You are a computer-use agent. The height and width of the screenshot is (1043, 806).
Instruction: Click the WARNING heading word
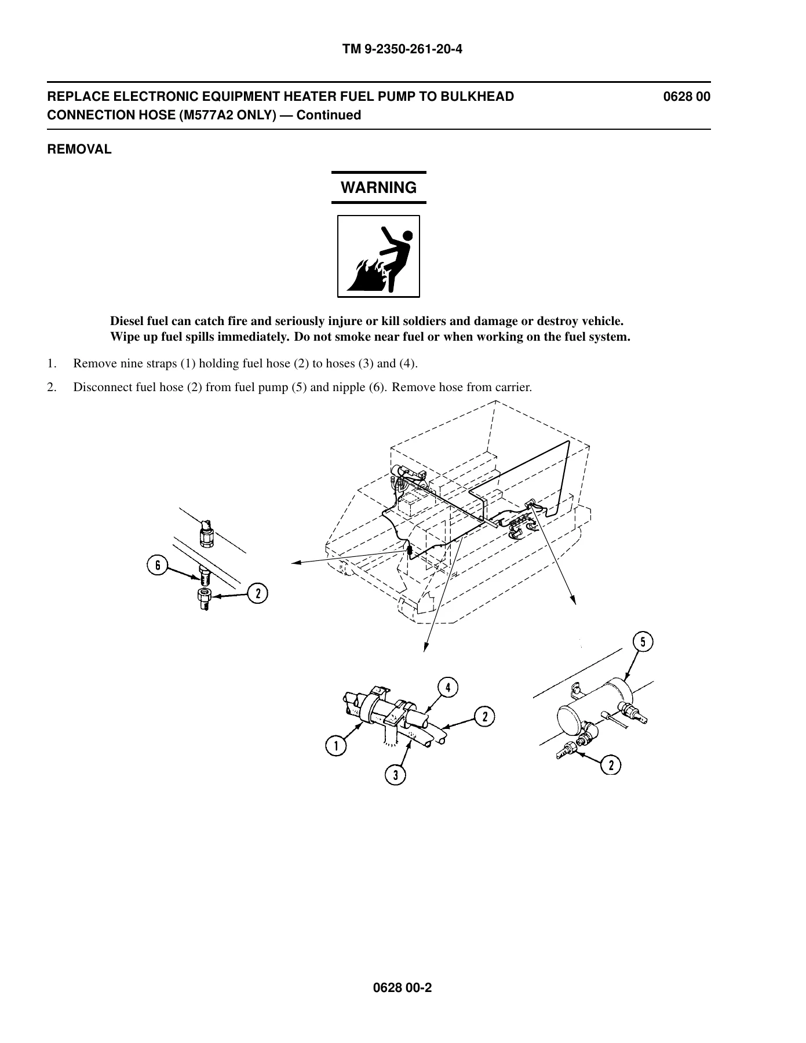point(378,188)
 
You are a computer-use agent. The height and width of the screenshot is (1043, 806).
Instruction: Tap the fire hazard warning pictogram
point(378,256)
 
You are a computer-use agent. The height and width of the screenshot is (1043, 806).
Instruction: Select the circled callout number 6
point(157,566)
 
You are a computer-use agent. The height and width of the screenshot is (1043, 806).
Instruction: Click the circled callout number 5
point(643,642)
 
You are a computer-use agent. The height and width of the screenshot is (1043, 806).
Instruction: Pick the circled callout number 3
point(396,775)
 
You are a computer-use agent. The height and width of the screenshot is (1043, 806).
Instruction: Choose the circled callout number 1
point(334,745)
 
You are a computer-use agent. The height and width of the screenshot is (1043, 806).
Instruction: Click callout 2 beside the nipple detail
point(258,593)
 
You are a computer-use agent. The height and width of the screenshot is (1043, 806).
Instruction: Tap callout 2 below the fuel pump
point(611,765)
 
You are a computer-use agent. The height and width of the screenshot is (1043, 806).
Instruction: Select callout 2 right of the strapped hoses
point(484,717)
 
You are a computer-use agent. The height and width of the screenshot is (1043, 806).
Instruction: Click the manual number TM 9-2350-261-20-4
point(403,49)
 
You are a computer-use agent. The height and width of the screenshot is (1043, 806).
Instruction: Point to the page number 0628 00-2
point(403,988)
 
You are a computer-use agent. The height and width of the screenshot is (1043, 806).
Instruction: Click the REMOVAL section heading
point(79,149)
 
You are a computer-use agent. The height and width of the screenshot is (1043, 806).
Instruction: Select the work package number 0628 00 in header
point(687,97)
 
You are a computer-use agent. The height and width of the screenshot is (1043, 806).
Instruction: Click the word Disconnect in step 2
point(103,387)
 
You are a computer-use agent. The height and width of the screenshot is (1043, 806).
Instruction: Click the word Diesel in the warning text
point(126,321)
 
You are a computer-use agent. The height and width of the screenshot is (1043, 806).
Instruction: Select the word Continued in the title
point(330,115)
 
